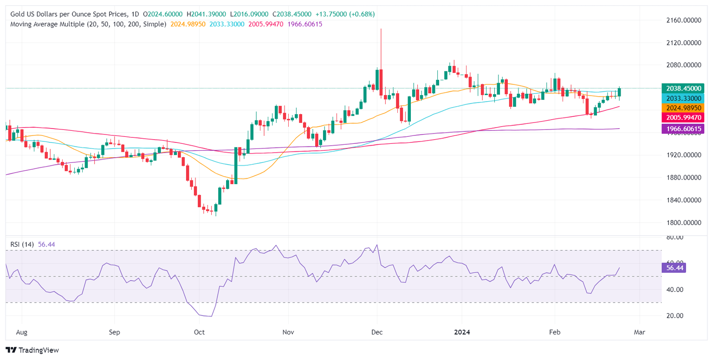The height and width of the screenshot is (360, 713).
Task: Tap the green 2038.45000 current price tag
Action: tap(685, 88)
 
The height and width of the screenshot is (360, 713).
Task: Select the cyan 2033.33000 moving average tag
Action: tap(685, 98)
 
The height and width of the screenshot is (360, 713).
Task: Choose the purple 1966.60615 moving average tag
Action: tap(685, 129)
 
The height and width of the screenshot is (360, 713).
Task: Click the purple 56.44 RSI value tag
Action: tap(675, 268)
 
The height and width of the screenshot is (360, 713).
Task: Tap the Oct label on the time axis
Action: tap(199, 333)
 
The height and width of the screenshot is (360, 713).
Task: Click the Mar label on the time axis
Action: tap(640, 333)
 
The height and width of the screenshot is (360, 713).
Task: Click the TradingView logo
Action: tap(32, 350)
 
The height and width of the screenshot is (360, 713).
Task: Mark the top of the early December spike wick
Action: tap(381, 29)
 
